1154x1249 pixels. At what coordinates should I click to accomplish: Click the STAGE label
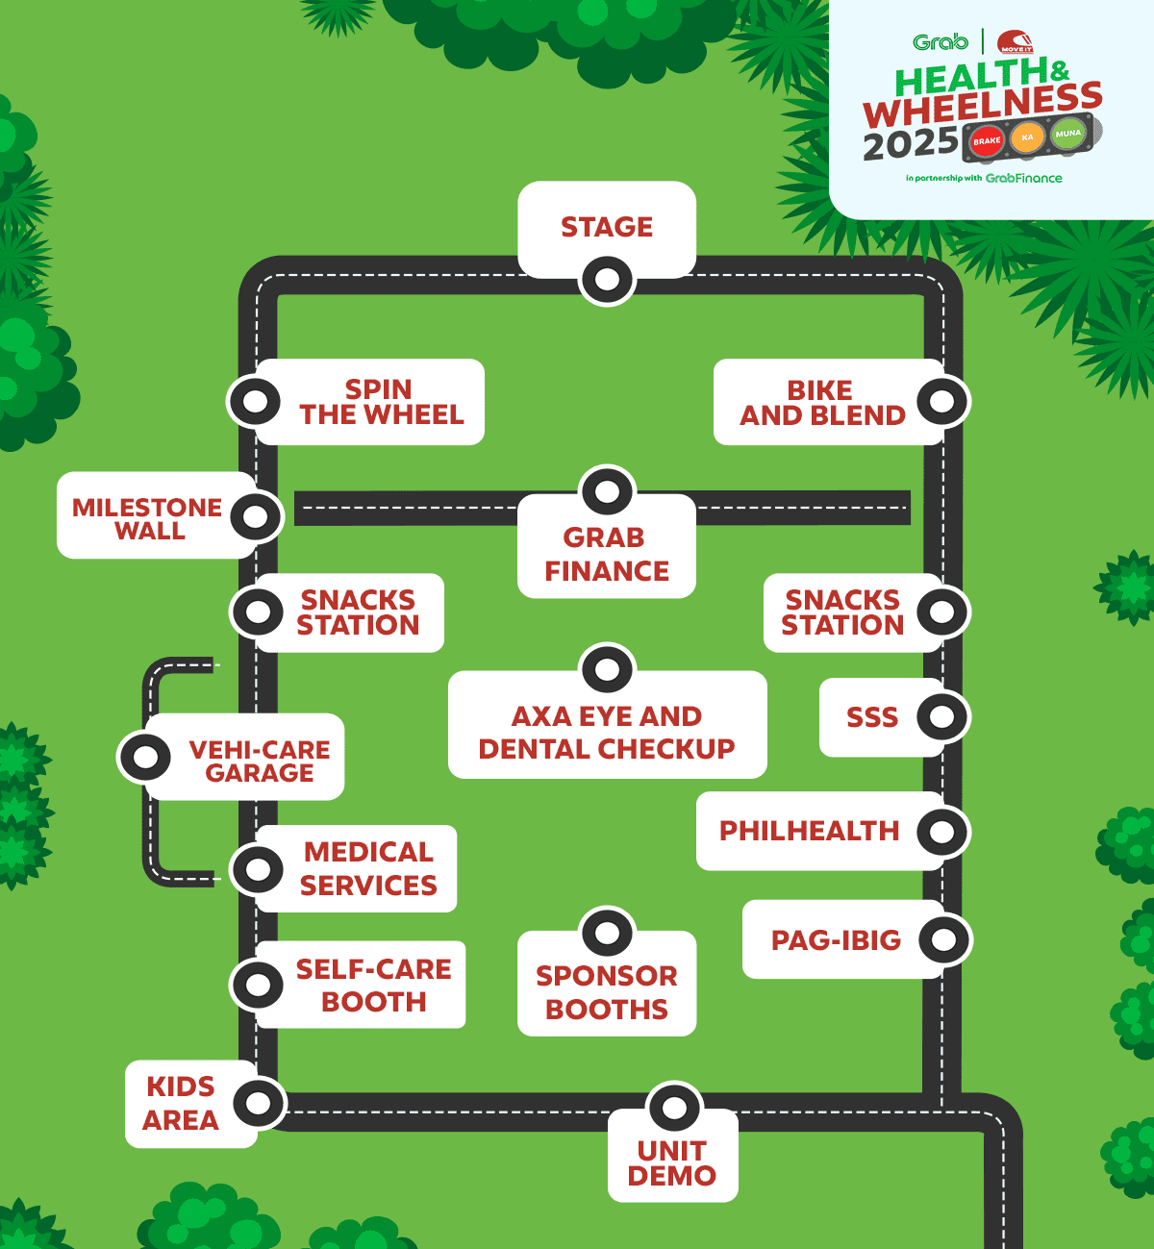607,227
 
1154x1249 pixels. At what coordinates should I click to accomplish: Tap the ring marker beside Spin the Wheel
255,401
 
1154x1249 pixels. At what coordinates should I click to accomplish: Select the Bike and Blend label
822,403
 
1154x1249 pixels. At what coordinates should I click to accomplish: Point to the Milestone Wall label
148,518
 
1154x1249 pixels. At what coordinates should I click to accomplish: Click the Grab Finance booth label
606,554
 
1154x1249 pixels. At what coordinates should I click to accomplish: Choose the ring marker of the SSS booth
942,716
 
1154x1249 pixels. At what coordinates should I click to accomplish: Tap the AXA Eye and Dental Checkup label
607,732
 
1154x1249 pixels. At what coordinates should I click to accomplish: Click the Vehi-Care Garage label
259,761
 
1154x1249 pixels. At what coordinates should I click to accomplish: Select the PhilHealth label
809,831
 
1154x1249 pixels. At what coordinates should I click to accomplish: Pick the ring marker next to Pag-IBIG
944,939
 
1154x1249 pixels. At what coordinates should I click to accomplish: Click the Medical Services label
368,868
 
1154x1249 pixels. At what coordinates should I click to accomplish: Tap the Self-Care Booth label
373,985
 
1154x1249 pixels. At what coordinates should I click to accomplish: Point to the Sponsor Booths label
606,992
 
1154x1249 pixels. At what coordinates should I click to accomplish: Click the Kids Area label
181,1103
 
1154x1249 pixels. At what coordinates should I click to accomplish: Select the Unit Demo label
672,1162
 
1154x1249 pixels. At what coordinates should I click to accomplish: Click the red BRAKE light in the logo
987,141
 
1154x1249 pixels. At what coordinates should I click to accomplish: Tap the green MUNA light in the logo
1067,134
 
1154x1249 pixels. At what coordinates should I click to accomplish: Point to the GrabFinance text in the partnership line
1023,178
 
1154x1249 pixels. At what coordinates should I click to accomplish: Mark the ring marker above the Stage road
607,281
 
